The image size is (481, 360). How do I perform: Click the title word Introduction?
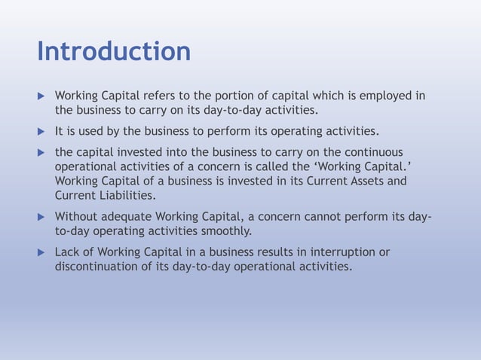click(114, 52)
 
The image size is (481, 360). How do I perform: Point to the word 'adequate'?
click(128, 218)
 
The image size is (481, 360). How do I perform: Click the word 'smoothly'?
click(225, 231)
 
